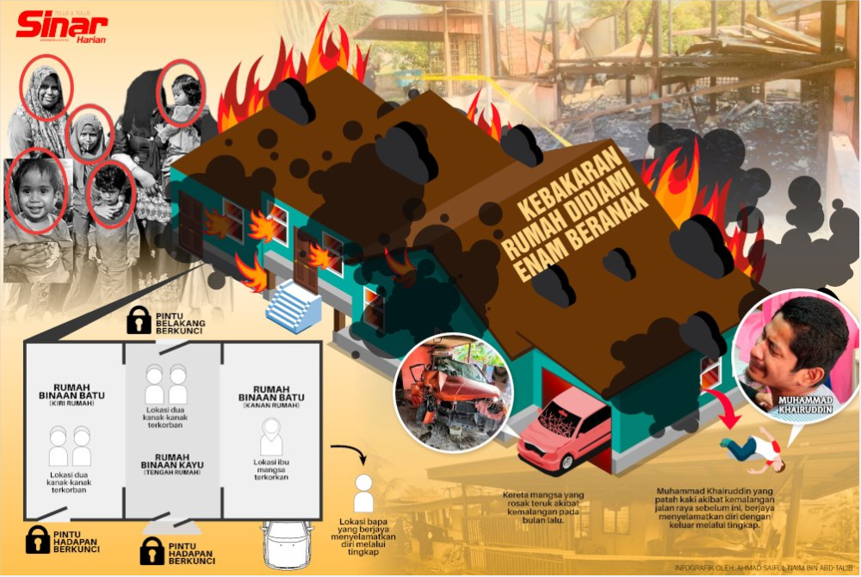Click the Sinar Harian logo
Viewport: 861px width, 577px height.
(x=60, y=28)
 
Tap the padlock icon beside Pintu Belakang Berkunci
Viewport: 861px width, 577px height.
(x=139, y=320)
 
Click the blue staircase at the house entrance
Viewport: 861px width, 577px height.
(x=294, y=307)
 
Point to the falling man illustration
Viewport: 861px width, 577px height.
(x=750, y=448)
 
